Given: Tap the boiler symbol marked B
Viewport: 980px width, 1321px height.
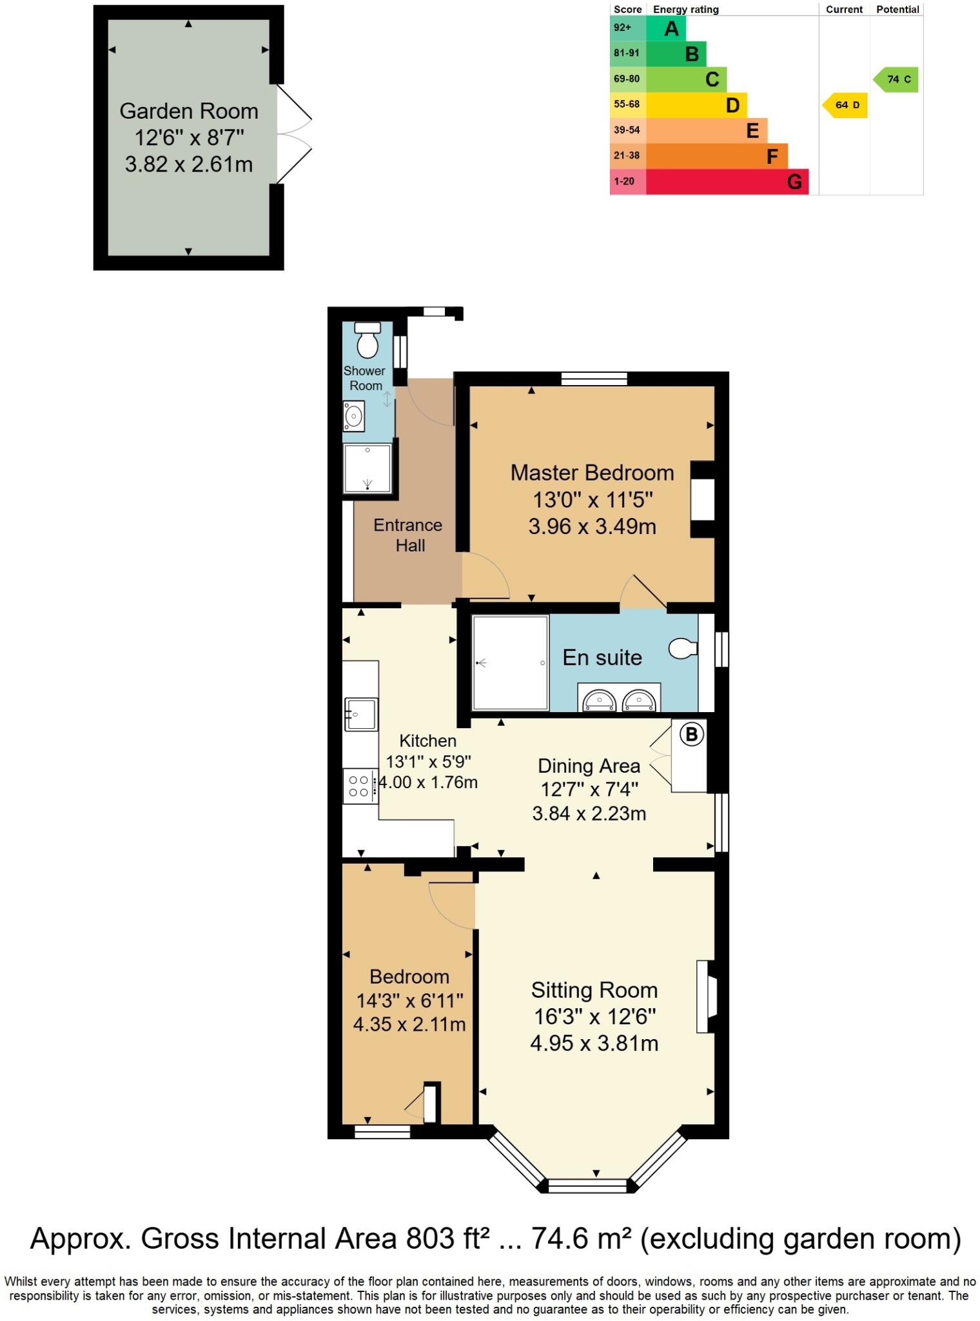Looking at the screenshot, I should [692, 734].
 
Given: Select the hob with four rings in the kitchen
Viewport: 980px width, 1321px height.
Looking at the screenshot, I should [358, 786].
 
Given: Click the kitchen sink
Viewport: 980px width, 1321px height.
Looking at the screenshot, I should [360, 713].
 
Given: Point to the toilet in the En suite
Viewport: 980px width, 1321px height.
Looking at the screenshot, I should [683, 648].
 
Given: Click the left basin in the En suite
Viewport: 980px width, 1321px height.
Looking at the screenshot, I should [599, 700].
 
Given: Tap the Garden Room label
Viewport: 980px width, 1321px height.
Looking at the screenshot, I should [189, 111].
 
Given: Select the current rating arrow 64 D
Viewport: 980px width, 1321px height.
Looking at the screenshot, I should [845, 105].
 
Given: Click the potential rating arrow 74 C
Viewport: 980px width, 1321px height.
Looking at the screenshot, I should [897, 79].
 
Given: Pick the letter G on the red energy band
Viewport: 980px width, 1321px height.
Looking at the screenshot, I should [794, 182].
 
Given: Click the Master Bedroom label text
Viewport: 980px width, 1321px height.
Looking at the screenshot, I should [592, 473].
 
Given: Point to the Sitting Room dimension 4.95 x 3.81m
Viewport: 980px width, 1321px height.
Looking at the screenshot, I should [594, 1043].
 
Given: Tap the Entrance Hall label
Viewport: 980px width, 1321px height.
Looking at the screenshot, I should [408, 535].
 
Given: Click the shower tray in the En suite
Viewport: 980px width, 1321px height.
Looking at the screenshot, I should [510, 662].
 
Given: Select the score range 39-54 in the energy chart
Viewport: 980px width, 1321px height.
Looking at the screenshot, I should [627, 130].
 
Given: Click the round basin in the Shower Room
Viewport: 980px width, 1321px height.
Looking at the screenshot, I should [353, 415].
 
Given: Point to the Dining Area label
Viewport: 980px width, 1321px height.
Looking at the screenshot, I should [589, 766].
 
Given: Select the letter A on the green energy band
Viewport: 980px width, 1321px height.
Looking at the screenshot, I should [671, 28].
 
